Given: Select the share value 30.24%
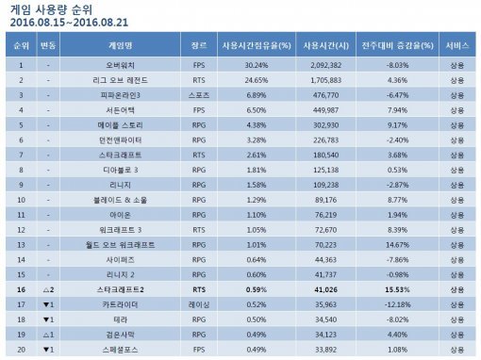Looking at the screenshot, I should click(242, 65).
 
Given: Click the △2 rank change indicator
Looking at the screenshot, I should click(50, 291).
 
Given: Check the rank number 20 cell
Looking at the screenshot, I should click(20, 352).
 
